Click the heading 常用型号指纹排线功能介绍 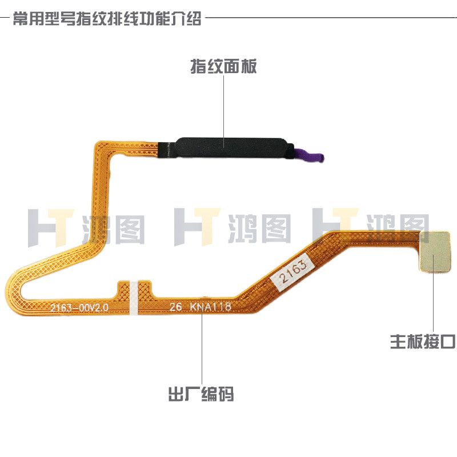[x=107, y=19]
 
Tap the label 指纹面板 [x=223, y=67]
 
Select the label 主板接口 [x=423, y=342]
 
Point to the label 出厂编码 [x=201, y=394]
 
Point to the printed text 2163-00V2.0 [x=79, y=308]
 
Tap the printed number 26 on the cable [x=175, y=307]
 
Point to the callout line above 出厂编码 [x=201, y=348]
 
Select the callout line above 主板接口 [x=432, y=303]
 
